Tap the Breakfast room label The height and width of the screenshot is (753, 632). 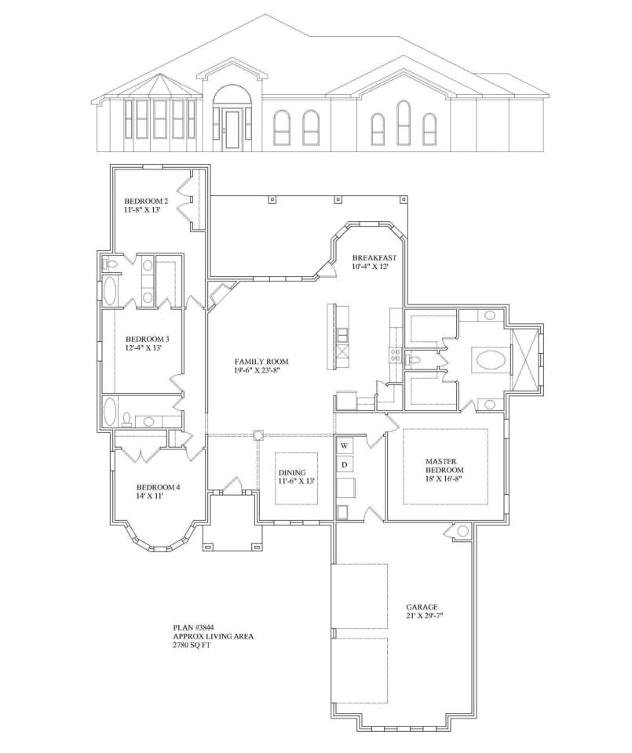[x=374, y=262]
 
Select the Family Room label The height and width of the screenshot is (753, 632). [x=261, y=366]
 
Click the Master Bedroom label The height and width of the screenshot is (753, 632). [x=444, y=470]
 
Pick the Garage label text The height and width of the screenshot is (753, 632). [x=422, y=611]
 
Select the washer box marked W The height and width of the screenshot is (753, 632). [x=345, y=446]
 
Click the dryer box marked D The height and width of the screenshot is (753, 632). [x=345, y=465]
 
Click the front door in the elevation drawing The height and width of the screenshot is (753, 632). [x=232, y=129]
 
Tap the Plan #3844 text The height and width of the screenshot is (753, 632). [x=193, y=627]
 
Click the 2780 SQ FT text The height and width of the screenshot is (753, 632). [x=192, y=645]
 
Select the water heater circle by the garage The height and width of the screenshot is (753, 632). [x=463, y=531]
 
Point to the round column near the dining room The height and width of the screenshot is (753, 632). [x=258, y=435]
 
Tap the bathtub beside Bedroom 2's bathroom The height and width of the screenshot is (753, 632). [x=110, y=292]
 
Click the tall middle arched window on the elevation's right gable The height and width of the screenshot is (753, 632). [x=404, y=123]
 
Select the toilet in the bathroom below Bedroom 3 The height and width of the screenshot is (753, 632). [x=127, y=420]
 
